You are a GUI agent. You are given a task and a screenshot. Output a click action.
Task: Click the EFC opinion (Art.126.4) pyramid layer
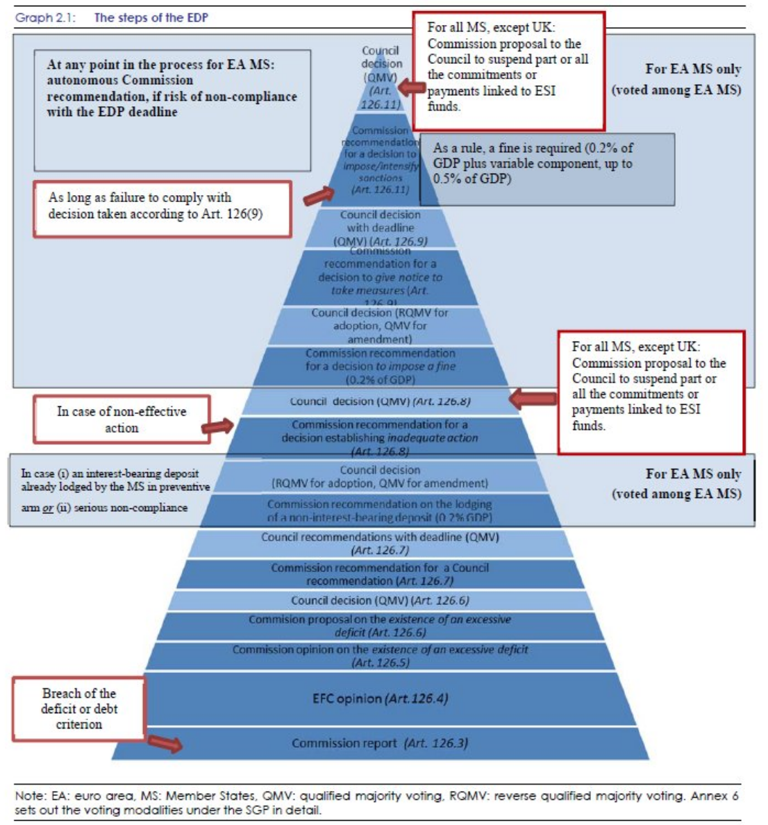[381, 699]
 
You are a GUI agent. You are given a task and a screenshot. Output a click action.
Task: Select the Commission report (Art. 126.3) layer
[381, 743]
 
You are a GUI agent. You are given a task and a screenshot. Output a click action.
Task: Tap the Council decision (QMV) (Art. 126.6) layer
[381, 601]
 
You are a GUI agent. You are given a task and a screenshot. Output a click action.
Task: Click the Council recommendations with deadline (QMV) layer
[381, 543]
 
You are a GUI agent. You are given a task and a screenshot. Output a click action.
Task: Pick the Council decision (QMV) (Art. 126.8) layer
[381, 401]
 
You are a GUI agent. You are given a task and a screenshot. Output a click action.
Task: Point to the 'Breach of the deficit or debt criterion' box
[79, 708]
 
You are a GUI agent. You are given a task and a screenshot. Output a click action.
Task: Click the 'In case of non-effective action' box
[122, 419]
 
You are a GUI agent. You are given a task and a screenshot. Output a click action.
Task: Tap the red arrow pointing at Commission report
[165, 743]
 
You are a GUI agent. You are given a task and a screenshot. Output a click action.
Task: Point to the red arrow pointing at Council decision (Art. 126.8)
[533, 399]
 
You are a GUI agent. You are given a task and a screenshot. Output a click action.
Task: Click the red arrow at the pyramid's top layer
[412, 88]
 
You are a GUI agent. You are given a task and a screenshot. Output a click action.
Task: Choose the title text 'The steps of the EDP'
[151, 18]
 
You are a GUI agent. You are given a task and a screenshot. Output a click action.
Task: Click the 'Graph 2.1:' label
[45, 18]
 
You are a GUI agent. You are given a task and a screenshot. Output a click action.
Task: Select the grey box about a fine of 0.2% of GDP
[546, 169]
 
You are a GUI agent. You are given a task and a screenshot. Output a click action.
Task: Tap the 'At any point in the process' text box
[172, 110]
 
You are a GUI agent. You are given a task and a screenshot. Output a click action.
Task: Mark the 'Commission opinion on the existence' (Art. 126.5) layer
[381, 656]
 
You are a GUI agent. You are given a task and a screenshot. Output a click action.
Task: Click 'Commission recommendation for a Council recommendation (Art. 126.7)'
[381, 574]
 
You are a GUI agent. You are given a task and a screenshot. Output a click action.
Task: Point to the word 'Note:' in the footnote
[29, 796]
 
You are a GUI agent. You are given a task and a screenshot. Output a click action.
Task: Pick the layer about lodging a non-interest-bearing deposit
[381, 510]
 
